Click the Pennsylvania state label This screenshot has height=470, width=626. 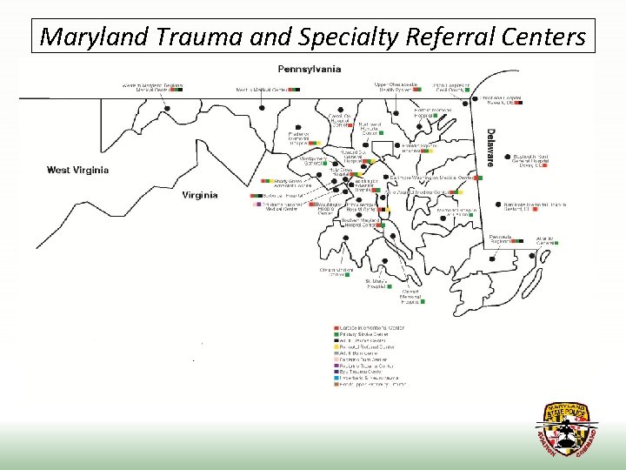310,69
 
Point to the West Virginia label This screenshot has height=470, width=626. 77,170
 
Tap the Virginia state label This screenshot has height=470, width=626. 199,195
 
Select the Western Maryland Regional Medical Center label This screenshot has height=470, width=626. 152,87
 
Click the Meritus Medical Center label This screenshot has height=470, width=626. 263,89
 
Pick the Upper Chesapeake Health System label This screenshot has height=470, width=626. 393,87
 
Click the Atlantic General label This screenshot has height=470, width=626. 545,240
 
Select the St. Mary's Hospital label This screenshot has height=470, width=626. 375,284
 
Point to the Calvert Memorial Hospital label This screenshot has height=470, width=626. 410,297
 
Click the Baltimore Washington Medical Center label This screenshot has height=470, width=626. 431,177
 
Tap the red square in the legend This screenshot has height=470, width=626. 335,327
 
